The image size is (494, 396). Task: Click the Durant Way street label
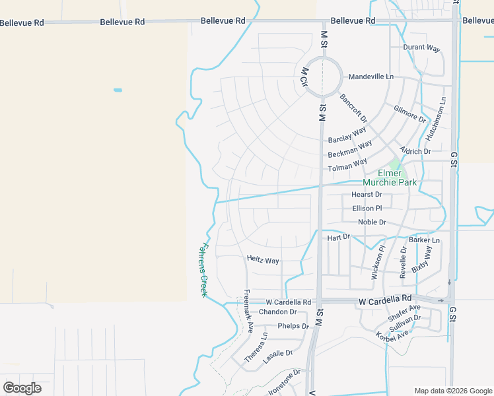(x=421, y=48)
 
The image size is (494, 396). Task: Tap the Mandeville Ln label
(x=371, y=77)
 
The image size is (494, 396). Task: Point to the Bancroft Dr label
(x=353, y=108)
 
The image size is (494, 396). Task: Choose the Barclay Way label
(x=347, y=135)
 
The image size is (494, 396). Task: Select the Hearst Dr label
(x=367, y=195)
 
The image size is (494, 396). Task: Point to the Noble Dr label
(x=372, y=222)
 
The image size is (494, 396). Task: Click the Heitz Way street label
(x=263, y=261)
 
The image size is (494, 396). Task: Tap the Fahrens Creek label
(x=203, y=269)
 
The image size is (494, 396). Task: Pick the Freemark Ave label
(x=249, y=310)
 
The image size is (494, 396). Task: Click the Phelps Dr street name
(x=293, y=326)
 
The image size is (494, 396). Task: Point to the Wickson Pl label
(x=378, y=263)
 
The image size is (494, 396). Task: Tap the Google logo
(x=22, y=388)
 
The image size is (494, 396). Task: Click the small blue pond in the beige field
(x=118, y=90)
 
